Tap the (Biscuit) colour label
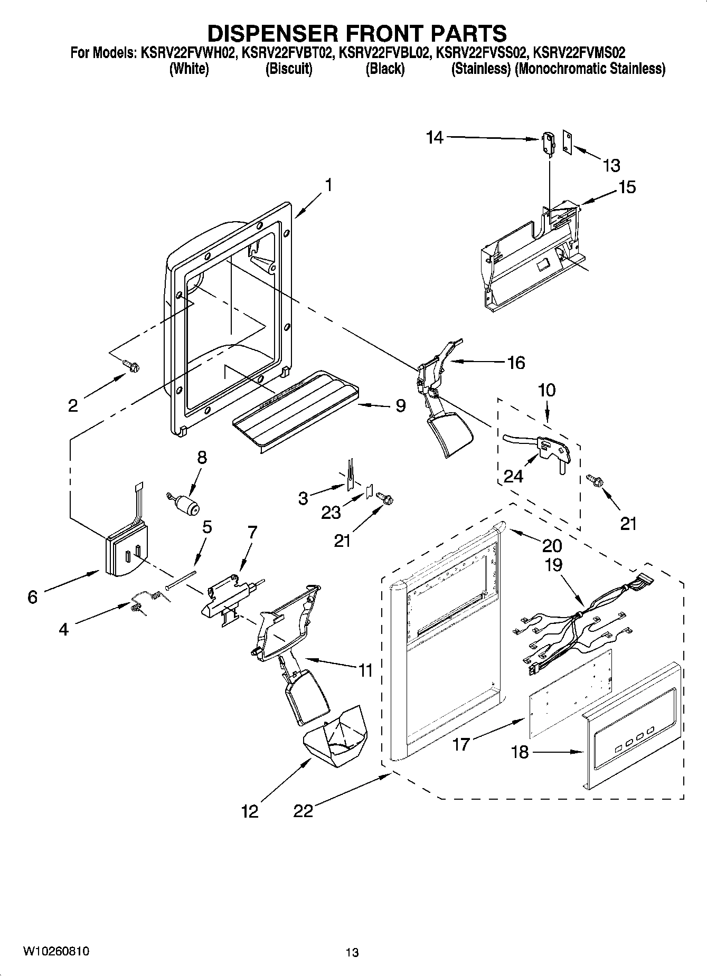[x=288, y=69]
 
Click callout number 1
[x=328, y=185]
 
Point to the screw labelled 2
[x=130, y=365]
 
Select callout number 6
[x=33, y=597]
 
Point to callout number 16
[x=516, y=363]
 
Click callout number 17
[x=460, y=744]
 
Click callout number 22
[x=303, y=811]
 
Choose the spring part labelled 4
[x=138, y=603]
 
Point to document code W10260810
[x=56, y=951]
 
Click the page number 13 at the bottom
[x=352, y=953]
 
